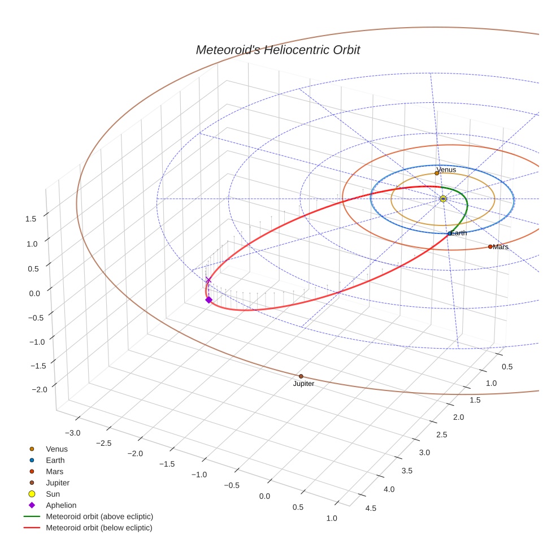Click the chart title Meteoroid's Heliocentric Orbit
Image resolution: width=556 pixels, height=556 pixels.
pyautogui.click(x=277, y=50)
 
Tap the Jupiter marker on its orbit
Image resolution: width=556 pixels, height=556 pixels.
pyautogui.click(x=301, y=376)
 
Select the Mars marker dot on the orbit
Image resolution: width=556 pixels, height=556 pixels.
pyautogui.click(x=490, y=246)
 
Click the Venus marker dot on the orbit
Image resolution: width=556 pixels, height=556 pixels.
pyautogui.click(x=436, y=173)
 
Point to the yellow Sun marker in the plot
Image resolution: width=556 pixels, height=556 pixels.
pyautogui.click(x=443, y=199)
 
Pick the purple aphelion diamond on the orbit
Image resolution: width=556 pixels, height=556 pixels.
pyautogui.click(x=208, y=299)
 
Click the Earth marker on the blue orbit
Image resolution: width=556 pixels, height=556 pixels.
pyautogui.click(x=449, y=233)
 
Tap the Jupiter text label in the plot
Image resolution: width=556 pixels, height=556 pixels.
pyautogui.click(x=303, y=384)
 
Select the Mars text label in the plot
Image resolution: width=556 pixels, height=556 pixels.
pyautogui.click(x=501, y=247)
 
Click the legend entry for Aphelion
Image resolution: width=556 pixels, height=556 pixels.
pyautogui.click(x=60, y=505)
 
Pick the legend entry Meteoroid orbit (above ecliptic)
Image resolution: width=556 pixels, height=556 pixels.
pyautogui.click(x=99, y=516)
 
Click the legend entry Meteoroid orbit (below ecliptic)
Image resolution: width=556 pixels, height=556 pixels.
pyautogui.click(x=99, y=528)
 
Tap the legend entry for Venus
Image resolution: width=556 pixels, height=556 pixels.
pyautogui.click(x=57, y=449)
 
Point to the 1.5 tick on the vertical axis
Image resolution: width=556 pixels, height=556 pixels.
pyautogui.click(x=32, y=219)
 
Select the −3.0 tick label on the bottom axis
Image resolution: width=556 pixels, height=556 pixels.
pyautogui.click(x=72, y=433)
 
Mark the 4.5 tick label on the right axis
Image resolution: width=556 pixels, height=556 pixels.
pyautogui.click(x=371, y=508)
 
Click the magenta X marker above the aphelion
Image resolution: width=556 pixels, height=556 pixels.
pyautogui.click(x=208, y=280)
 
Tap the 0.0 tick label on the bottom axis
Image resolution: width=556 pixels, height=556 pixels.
pyautogui.click(x=264, y=496)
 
